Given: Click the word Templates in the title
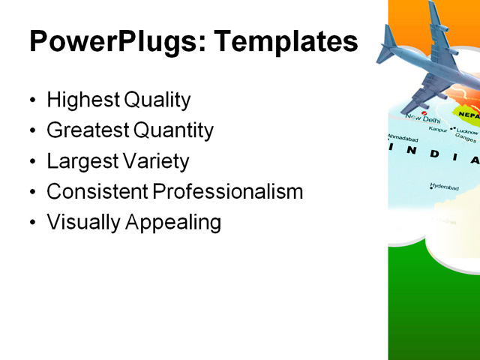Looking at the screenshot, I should (x=286, y=42).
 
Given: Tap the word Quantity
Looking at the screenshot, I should (x=173, y=130).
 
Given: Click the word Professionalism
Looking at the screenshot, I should (x=228, y=192).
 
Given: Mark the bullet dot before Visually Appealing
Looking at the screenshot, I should (x=32, y=223).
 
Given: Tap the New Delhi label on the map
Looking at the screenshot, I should (x=423, y=118).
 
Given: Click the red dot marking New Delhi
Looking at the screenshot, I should (x=424, y=112).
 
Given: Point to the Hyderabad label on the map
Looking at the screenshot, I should (x=444, y=186).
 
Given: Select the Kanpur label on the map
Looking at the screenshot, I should (x=438, y=129).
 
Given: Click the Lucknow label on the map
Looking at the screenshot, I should (x=467, y=131).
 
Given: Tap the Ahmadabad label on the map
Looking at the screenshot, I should (x=403, y=139).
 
